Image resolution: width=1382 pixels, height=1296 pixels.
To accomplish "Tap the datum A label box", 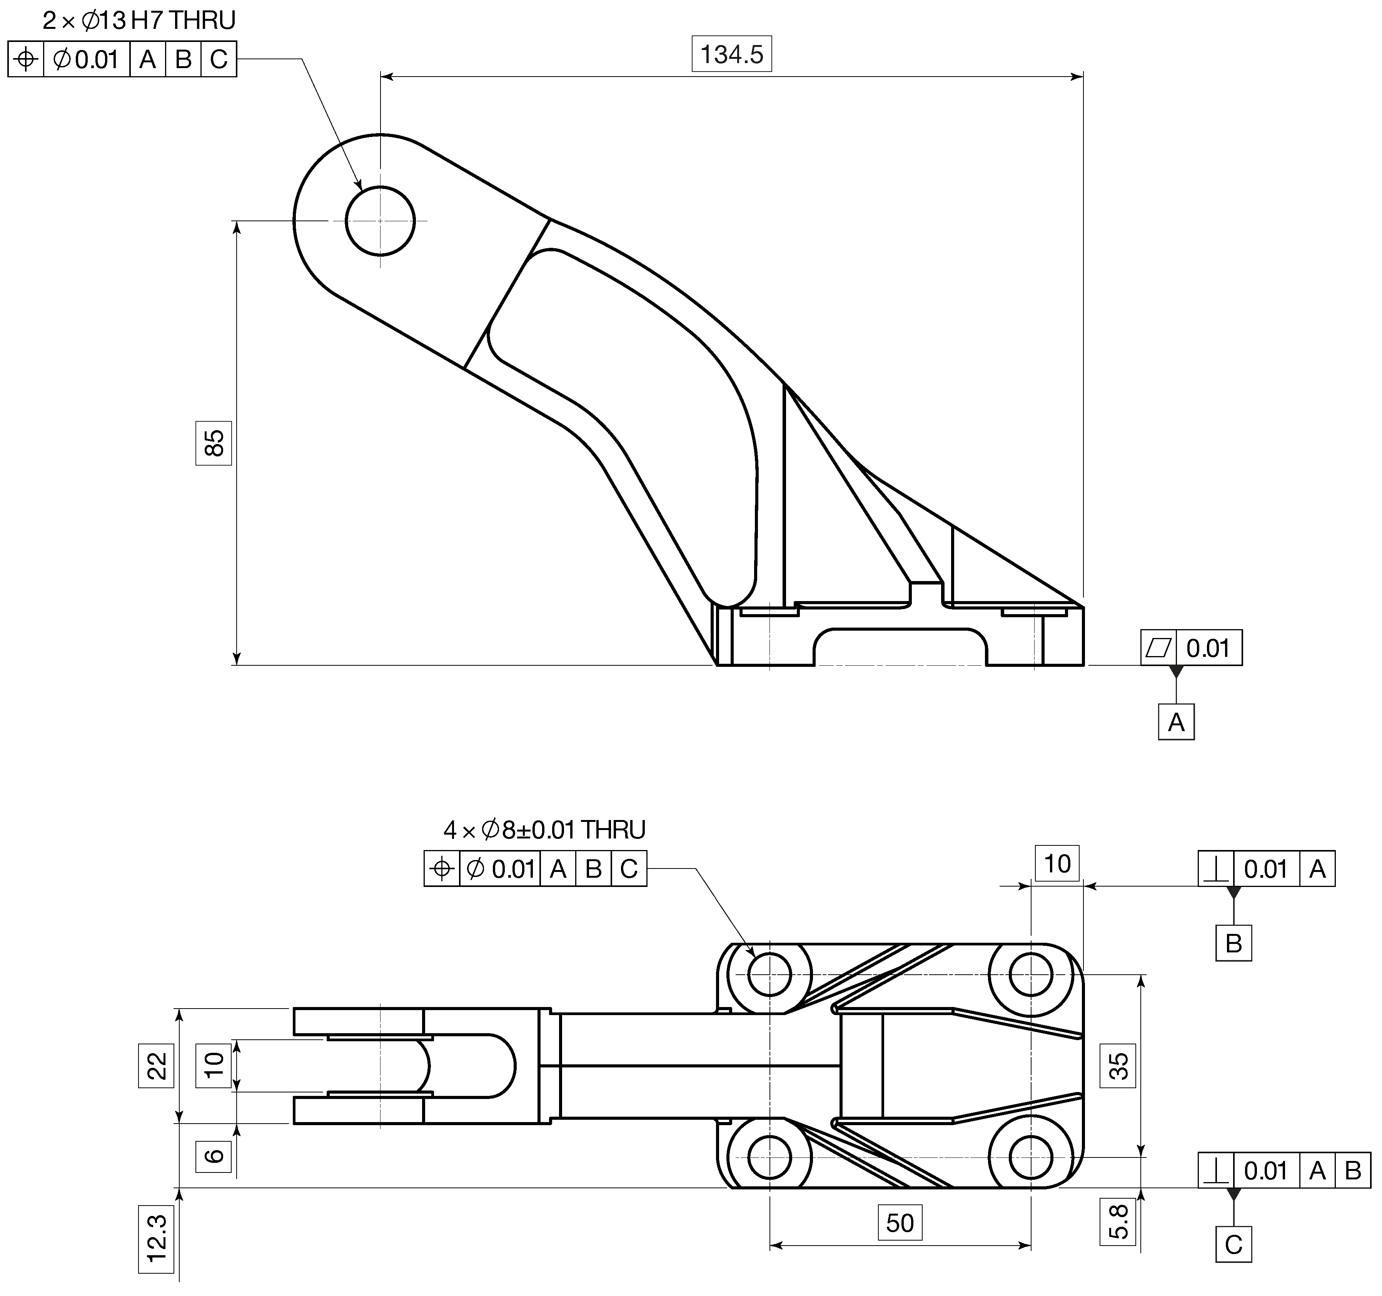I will (1176, 722).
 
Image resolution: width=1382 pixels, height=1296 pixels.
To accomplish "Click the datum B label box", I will (1233, 943).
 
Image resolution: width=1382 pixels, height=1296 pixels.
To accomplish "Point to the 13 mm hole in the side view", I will (380, 221).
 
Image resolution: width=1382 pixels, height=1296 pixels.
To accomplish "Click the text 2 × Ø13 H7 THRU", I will (139, 21).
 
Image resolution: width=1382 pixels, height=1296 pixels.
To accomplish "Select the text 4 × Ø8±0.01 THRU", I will (544, 830).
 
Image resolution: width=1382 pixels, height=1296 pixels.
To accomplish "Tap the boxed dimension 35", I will (1118, 1065).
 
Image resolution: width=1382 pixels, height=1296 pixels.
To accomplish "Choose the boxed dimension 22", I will (157, 1065).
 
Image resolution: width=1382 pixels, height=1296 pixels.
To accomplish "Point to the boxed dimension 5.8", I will (1118, 1222).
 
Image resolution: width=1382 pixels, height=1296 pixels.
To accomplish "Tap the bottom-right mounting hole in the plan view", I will (1030, 1157).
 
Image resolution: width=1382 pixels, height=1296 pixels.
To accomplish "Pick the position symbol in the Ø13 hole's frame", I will (26, 59).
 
